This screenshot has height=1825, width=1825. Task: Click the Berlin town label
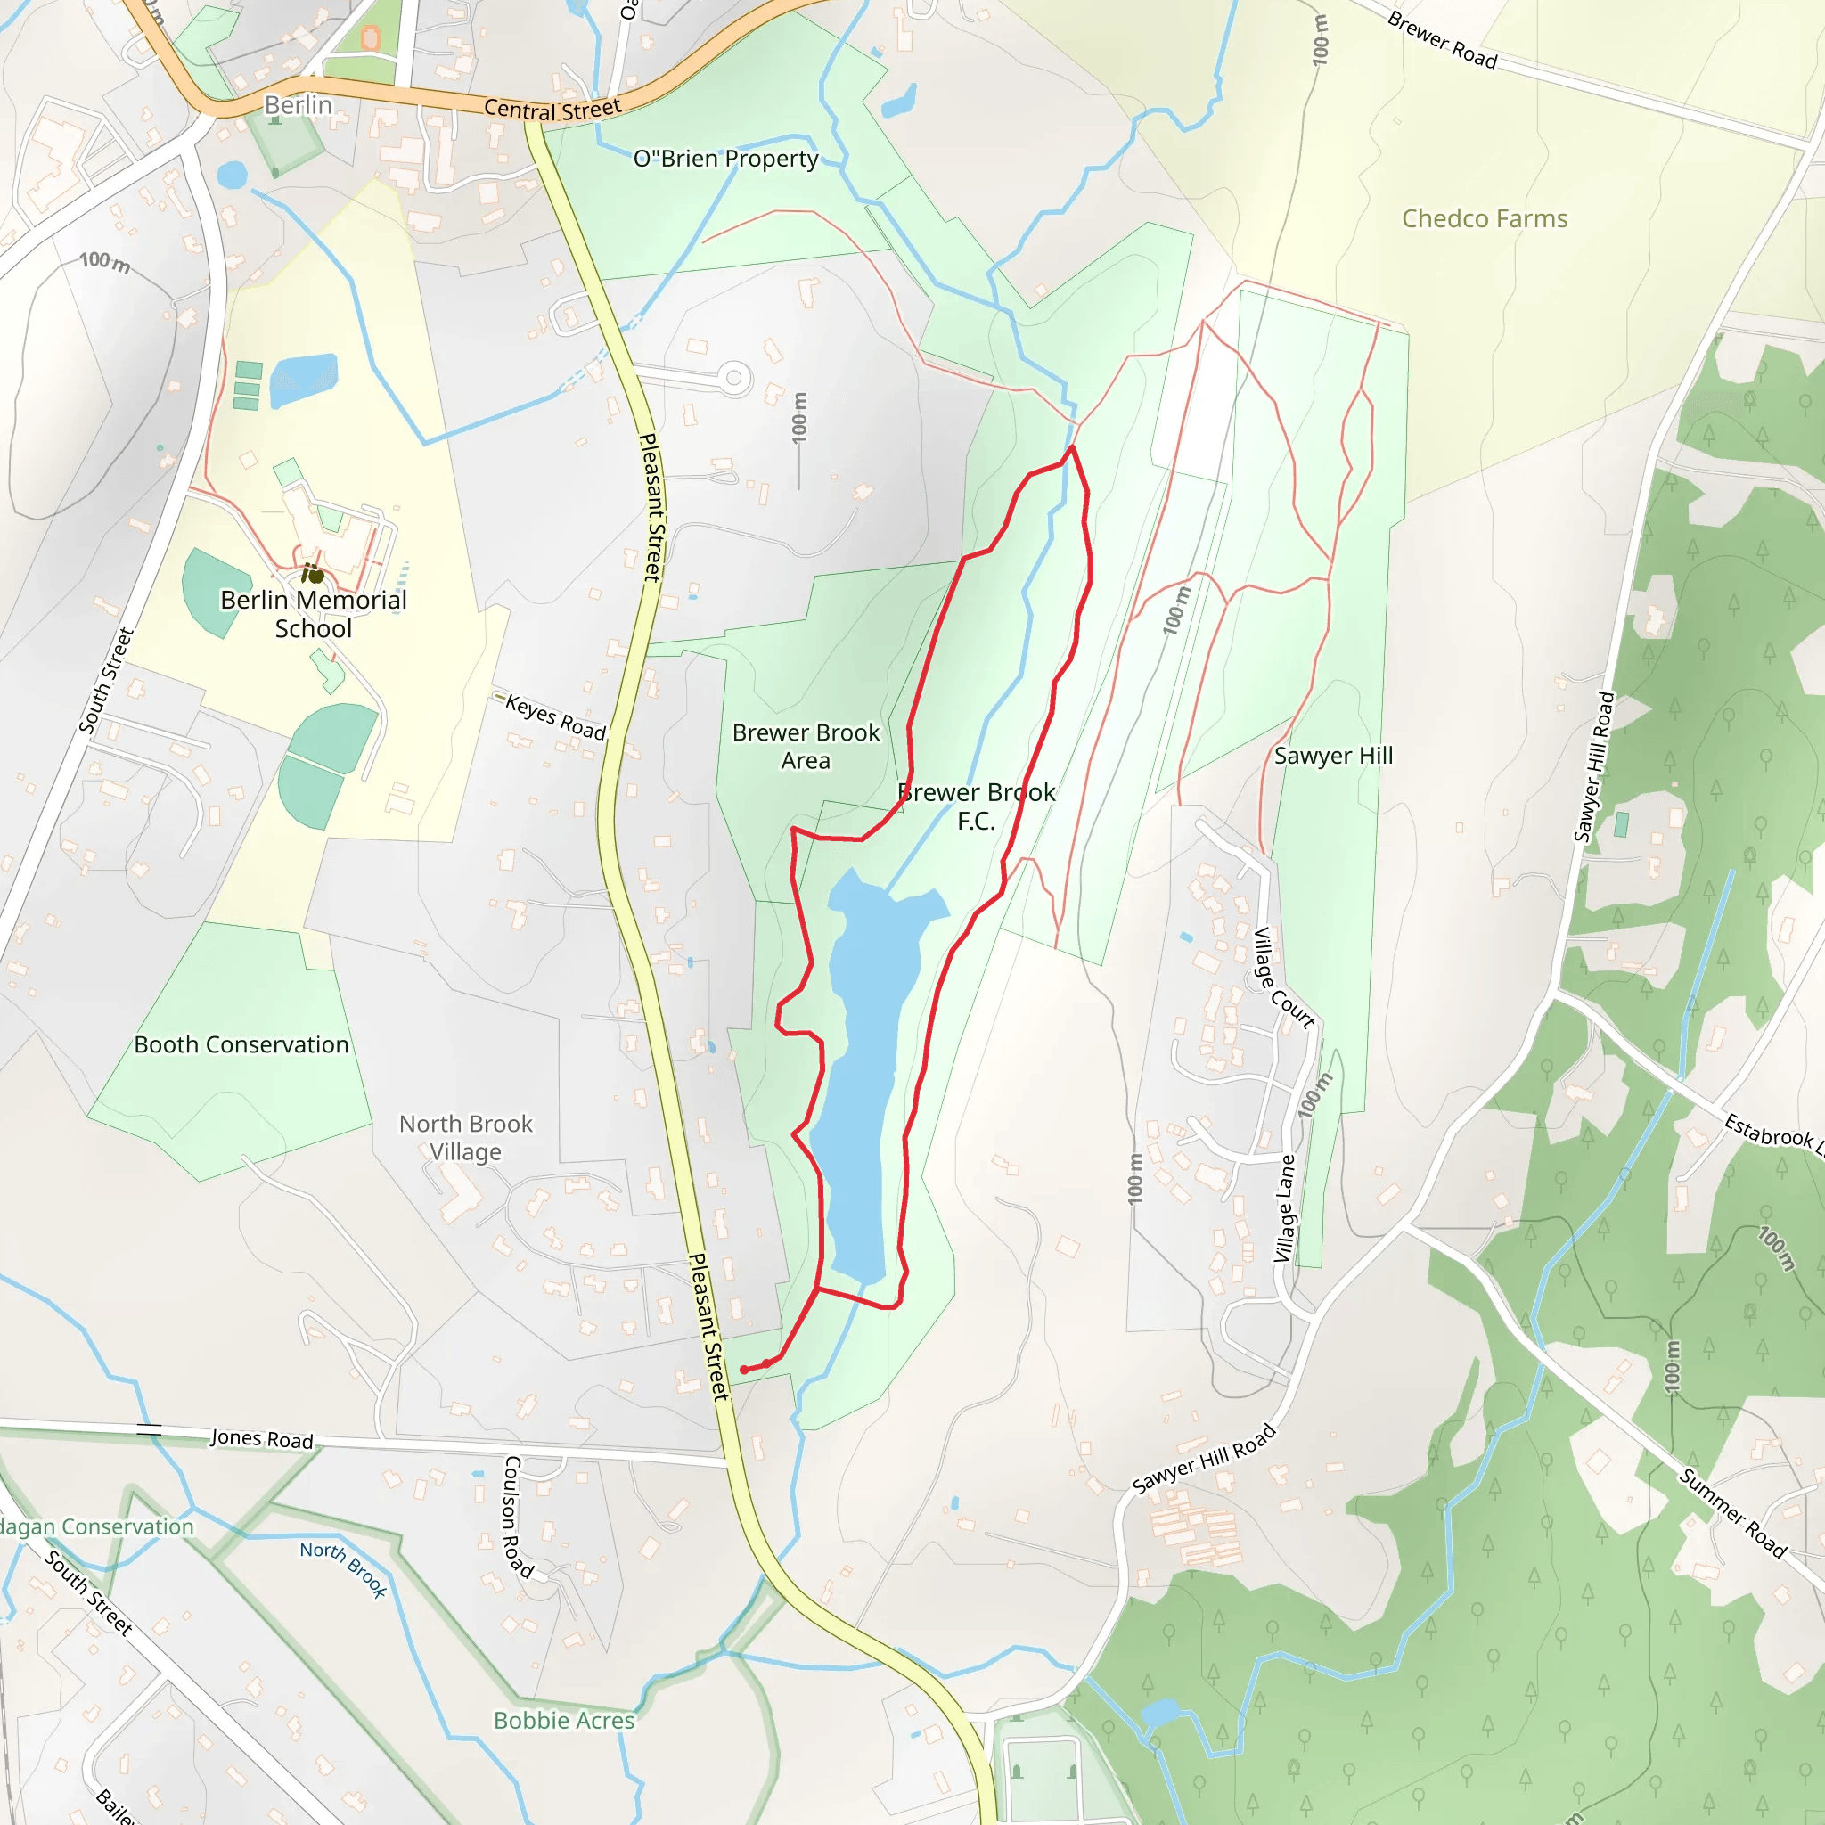coord(298,105)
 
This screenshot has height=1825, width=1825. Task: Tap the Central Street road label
coord(552,110)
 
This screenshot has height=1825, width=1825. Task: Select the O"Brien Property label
coord(725,159)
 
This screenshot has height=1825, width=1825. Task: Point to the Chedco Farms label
coord(1484,218)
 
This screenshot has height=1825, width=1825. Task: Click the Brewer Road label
coord(1442,40)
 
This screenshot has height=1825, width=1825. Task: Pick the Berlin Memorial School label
coord(314,614)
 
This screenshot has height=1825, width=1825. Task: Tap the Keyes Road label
coord(554,717)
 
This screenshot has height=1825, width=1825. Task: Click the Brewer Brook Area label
coord(806,746)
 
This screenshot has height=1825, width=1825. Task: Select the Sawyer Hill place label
coord(1333,756)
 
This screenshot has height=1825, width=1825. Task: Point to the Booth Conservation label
coord(241,1044)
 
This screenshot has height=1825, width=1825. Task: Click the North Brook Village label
coord(466,1137)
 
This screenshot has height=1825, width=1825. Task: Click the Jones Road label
coord(262,1438)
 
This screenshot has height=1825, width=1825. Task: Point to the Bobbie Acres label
coord(564,1720)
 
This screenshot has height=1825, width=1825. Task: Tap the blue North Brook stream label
coord(344,1569)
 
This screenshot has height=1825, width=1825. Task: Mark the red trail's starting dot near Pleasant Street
coord(744,1370)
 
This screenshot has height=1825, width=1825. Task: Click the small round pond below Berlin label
coord(232,175)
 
